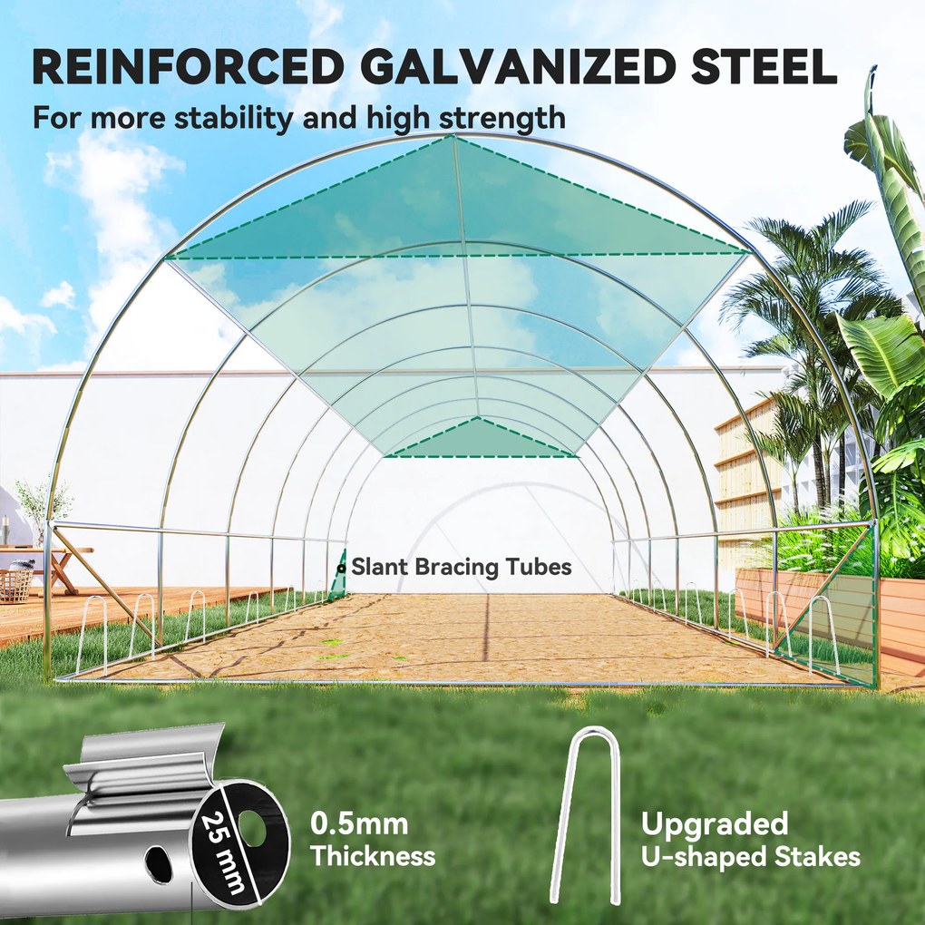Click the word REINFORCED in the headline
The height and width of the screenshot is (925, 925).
[189, 67]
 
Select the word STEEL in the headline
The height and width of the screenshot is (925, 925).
[764, 67]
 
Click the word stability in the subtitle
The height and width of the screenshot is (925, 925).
[233, 117]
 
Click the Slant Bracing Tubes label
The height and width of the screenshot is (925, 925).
[462, 567]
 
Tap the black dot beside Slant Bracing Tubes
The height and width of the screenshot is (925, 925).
[341, 568]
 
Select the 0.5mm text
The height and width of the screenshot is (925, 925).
[359, 823]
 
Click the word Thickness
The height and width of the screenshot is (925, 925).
[373, 855]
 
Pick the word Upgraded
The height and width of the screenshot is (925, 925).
[715, 824]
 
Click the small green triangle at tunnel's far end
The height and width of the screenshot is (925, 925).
[479, 438]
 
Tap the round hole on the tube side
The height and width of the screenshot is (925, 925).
[160, 865]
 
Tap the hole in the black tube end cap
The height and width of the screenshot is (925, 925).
[253, 825]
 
